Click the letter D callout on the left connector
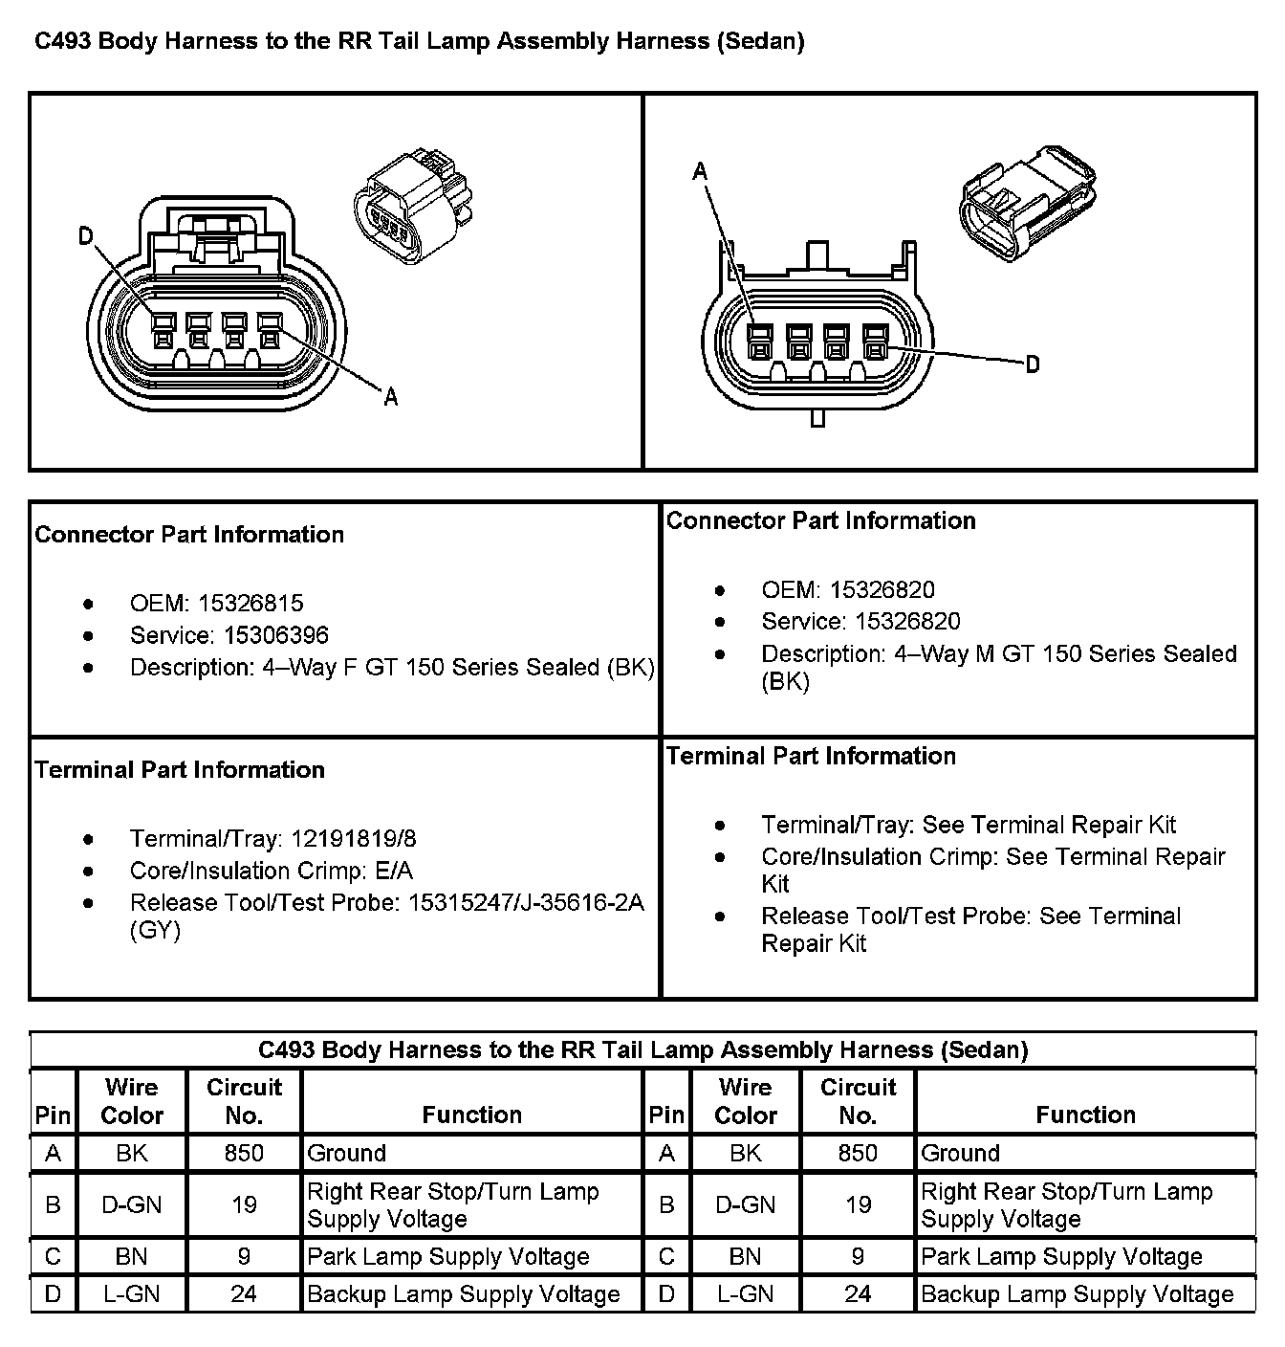click(x=86, y=236)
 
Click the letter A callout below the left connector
click(x=390, y=397)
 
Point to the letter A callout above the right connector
click(x=700, y=171)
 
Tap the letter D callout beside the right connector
click(x=1032, y=364)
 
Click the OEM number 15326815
click(x=250, y=604)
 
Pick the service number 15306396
click(x=276, y=635)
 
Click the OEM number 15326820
click(x=882, y=590)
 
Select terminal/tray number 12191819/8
click(x=354, y=839)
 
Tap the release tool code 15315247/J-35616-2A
click(x=526, y=902)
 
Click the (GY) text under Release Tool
click(x=155, y=930)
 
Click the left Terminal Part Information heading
click(x=180, y=770)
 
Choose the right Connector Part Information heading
click(x=820, y=521)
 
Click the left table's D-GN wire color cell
click(x=132, y=1205)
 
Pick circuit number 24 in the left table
click(x=244, y=1294)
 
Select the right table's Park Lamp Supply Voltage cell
click(x=1061, y=1257)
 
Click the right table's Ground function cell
click(x=960, y=1154)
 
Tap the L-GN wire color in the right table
click(x=746, y=1294)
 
